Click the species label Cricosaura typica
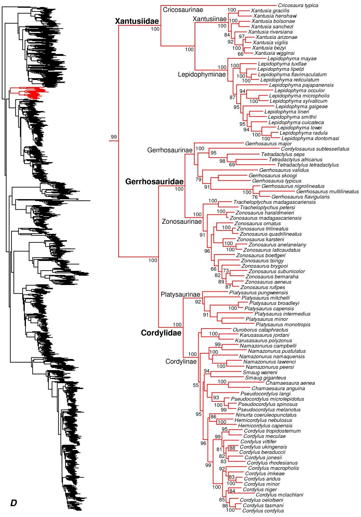[298, 5]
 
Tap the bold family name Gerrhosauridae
[154, 181]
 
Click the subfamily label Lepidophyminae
[202, 74]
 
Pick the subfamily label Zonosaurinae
[182, 222]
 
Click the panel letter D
[13, 503]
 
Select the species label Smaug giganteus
[266, 378]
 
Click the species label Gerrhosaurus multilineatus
[327, 191]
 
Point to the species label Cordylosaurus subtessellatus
[315, 149]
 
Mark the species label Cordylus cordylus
[263, 511]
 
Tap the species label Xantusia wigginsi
[274, 53]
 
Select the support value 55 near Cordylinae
[196, 385]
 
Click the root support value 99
[114, 137]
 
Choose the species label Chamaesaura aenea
[290, 383]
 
